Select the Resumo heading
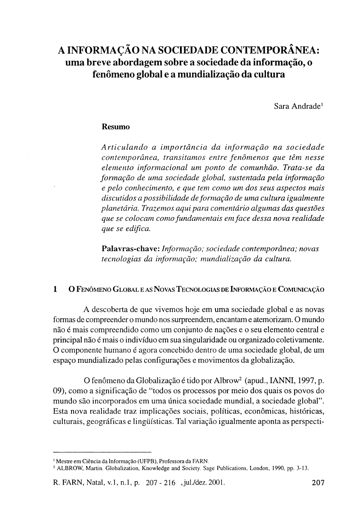(x=115, y=127)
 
